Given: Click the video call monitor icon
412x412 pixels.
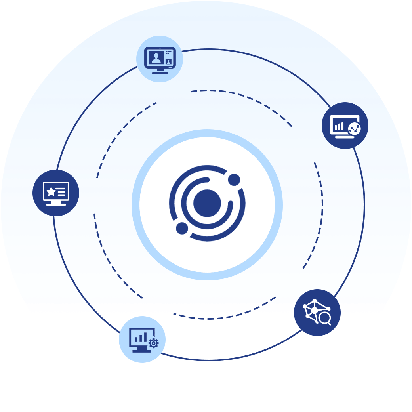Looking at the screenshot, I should tap(160, 60).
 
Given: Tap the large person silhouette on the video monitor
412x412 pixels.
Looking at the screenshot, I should tap(156, 58).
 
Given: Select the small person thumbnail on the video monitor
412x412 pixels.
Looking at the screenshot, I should tap(169, 61).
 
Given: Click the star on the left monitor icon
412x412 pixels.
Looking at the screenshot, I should tap(51, 192).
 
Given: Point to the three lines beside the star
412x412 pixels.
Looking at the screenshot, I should tap(61, 192).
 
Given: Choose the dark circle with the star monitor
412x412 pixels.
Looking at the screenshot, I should tap(56, 193).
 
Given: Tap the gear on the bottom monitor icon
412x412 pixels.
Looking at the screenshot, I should tap(153, 343).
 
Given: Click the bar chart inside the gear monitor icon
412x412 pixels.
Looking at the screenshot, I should tap(139, 338).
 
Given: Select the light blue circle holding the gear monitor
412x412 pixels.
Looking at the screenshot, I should tap(142, 340).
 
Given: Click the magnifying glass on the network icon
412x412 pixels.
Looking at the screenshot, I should tap(325, 319).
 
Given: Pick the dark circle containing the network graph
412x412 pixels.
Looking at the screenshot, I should tap(317, 313).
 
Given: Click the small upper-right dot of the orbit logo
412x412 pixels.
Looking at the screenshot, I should tap(234, 180).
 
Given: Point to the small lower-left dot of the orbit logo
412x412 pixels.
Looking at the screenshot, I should tap(182, 228).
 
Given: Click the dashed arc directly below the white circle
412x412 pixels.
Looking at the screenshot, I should tap(206, 318).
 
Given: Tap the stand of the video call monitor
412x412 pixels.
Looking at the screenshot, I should tap(160, 71).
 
